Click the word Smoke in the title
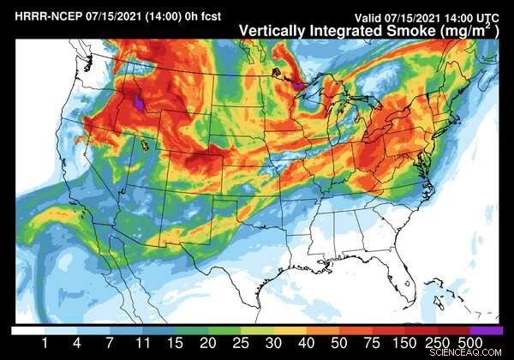(399, 29)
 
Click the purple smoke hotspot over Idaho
(139, 104)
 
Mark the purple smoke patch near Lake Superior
(297, 86)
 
